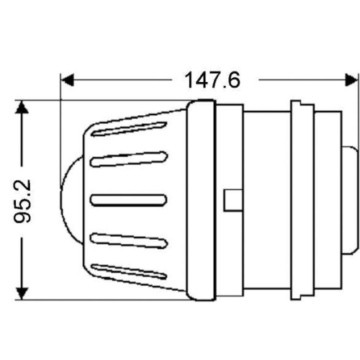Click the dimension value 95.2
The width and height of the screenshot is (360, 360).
[x=23, y=201]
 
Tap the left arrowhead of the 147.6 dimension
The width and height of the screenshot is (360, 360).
[x=66, y=78]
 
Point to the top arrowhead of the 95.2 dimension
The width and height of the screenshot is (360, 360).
[x=23, y=107]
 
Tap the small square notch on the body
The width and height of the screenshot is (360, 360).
[x=233, y=199]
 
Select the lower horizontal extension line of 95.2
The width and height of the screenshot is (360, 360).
[x=108, y=300]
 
